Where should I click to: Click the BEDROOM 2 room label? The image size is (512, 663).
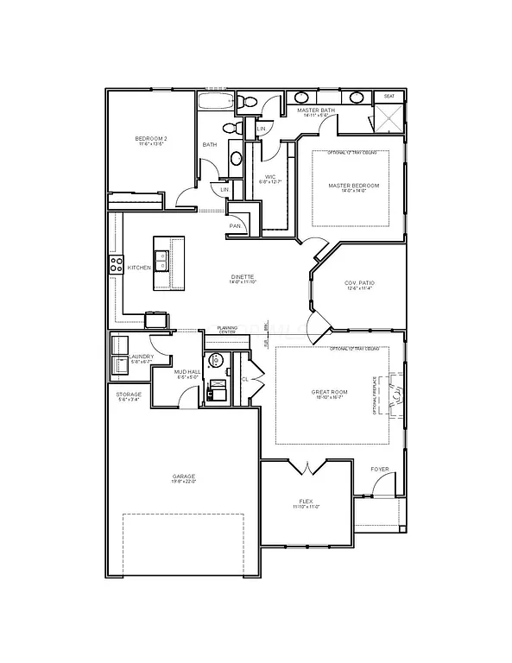click(150, 139)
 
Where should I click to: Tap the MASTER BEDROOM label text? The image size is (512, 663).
click(353, 186)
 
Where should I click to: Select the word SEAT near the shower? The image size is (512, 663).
click(389, 97)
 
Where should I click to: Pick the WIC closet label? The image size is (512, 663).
click(269, 177)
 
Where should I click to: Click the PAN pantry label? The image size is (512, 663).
click(235, 226)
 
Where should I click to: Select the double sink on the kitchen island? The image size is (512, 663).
click(161, 256)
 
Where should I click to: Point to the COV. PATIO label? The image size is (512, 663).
click(359, 283)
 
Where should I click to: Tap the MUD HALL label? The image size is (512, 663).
click(187, 371)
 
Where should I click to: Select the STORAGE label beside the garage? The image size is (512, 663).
click(129, 395)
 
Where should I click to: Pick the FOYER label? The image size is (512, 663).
click(380, 469)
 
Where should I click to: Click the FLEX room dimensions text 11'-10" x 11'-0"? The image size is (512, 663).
click(306, 507)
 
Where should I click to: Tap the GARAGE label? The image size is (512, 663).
click(183, 476)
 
